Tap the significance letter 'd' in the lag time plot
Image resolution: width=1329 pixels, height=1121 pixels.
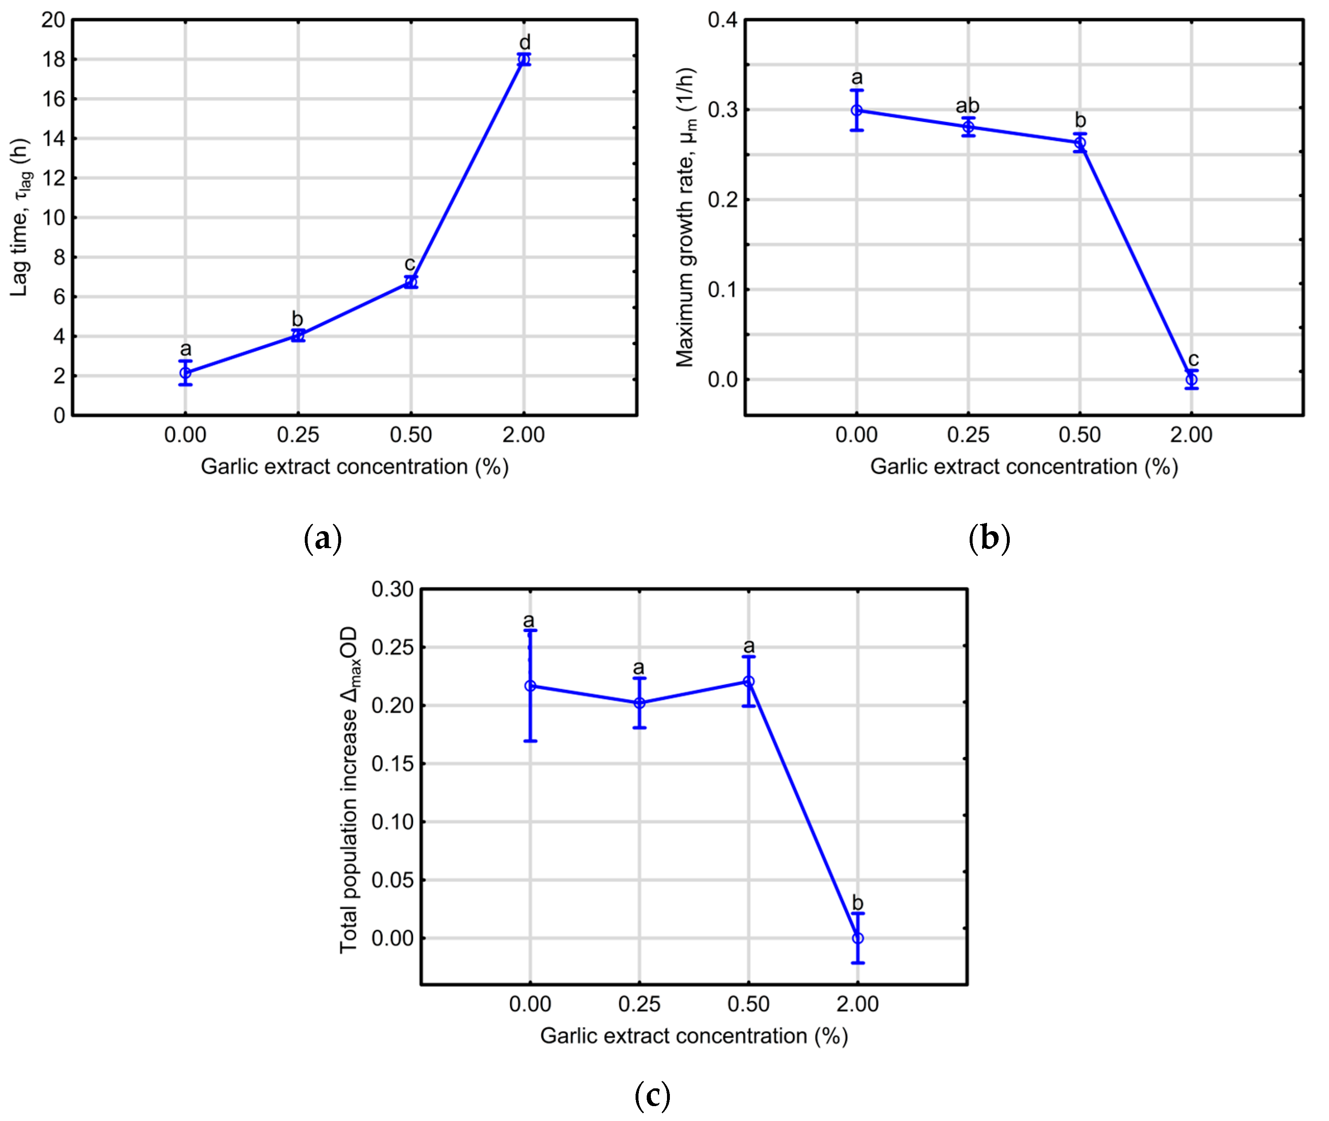coord(524,43)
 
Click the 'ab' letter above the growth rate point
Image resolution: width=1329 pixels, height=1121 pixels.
coord(967,105)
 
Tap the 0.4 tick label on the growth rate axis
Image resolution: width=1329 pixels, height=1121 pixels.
coord(723,20)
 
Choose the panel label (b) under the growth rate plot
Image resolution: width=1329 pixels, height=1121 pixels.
coord(989,538)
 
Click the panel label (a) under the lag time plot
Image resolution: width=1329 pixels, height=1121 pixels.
coord(323,538)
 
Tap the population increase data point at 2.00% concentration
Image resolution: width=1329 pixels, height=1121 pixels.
coord(857,938)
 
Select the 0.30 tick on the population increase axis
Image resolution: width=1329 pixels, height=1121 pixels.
coord(392,589)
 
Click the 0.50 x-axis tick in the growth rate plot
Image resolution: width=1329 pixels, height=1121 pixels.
coord(1079,435)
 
